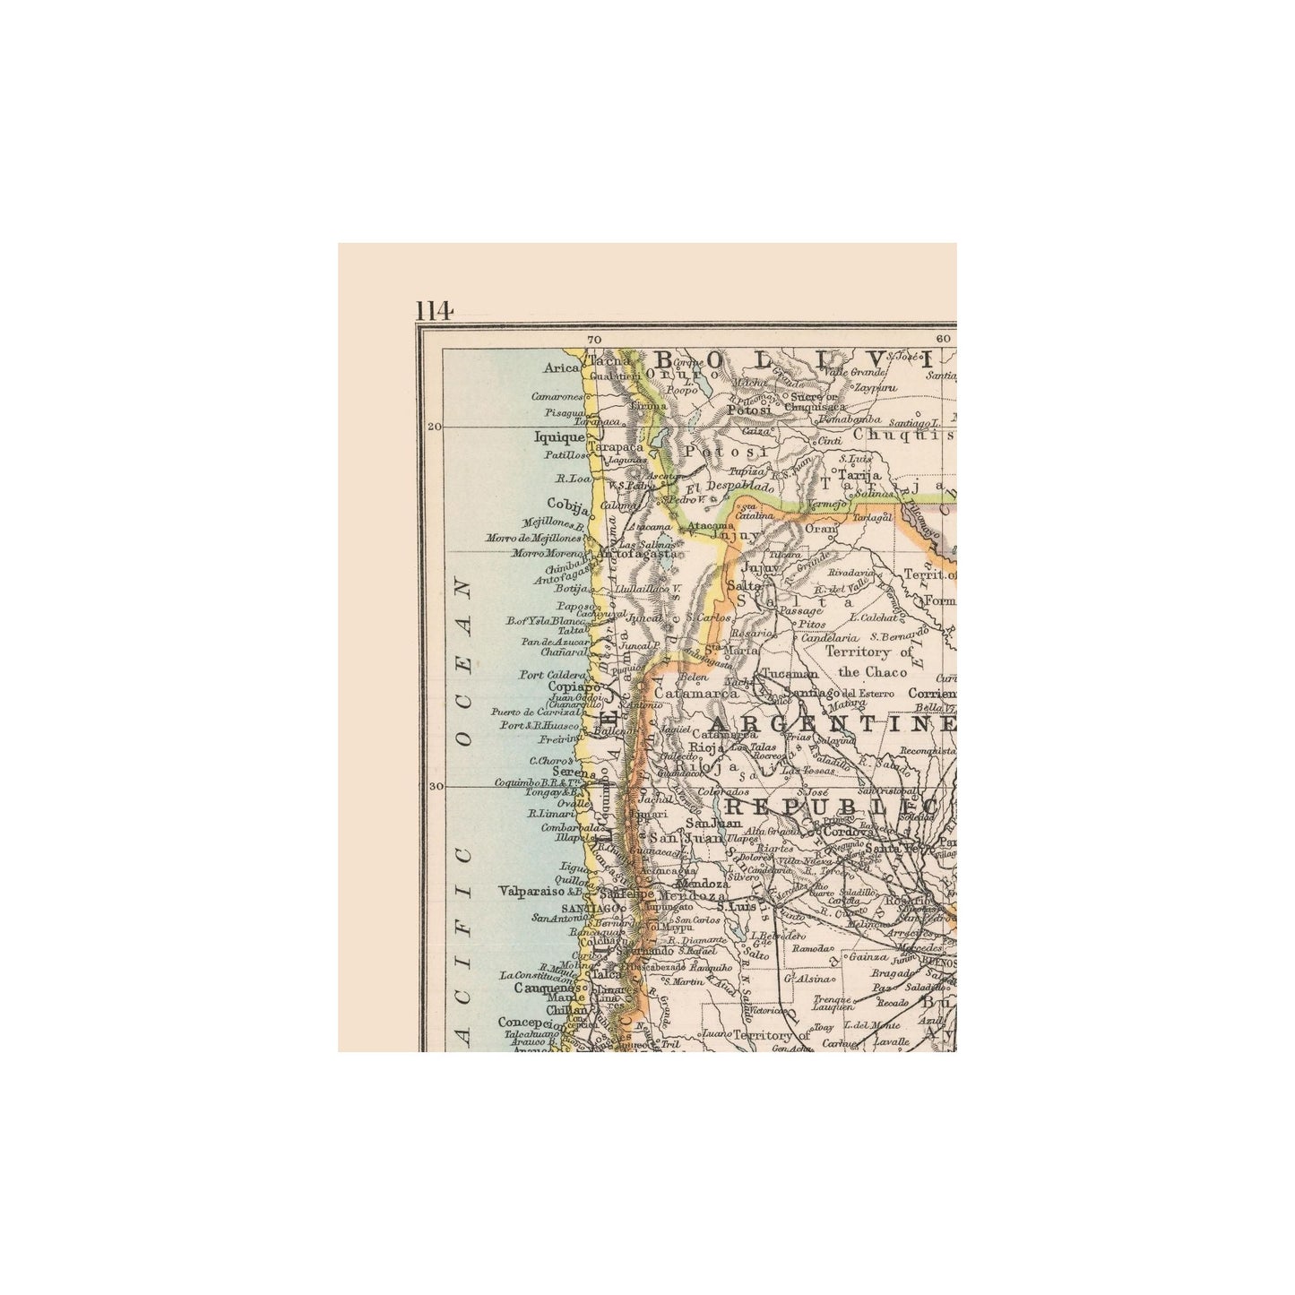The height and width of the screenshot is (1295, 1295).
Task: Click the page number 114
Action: click(434, 310)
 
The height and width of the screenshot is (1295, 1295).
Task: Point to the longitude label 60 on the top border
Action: click(943, 340)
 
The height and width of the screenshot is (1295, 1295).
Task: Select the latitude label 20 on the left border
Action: click(435, 427)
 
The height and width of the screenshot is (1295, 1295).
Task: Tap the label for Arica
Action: click(562, 367)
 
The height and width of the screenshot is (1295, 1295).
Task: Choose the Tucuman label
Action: click(789, 674)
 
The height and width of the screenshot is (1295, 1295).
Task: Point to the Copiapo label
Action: click(566, 686)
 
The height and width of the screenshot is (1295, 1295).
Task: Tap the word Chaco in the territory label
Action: click(863, 672)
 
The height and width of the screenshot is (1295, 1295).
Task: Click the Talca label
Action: click(609, 975)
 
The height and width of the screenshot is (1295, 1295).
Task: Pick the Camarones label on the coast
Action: click(557, 396)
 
